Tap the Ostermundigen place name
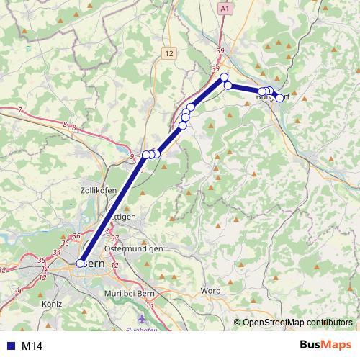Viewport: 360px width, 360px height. coord(133,248)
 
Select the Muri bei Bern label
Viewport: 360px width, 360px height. coord(129,292)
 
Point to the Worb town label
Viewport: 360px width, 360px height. coord(210,290)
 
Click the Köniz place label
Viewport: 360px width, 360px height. coord(52,304)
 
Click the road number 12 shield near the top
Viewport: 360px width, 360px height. coord(169,53)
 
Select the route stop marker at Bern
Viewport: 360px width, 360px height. coord(80,264)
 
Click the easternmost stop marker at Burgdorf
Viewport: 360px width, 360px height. coord(279,98)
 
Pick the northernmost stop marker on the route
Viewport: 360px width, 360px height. coord(224,77)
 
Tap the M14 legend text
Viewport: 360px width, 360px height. coord(32,346)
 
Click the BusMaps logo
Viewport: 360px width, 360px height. coord(325,345)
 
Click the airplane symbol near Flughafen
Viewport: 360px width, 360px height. coord(140,318)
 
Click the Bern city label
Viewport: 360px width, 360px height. coord(94,264)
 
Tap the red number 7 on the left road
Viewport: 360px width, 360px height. coord(20,110)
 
